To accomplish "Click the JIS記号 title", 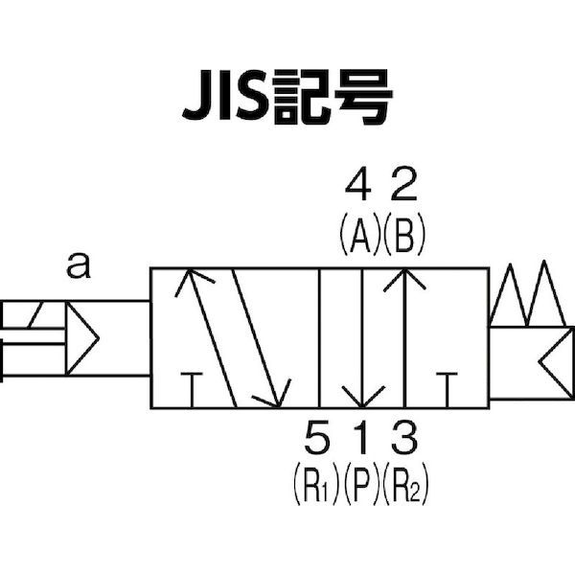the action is coord(287,97).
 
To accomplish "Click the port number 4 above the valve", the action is coord(358,184).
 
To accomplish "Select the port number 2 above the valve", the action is coord(403,184).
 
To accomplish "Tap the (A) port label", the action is coord(359,234).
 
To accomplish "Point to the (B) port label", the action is coord(404,234).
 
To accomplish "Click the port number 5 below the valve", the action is coord(317,437).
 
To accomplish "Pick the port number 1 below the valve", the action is coord(362,437).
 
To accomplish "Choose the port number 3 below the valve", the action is coord(404,437).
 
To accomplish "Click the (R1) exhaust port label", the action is coord(315,484).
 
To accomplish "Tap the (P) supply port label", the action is coord(362,484).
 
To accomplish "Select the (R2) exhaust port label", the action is coord(405,484).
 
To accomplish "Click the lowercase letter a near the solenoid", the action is coord(79,265).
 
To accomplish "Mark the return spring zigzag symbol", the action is coord(527,293).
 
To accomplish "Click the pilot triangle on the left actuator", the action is coord(82,337).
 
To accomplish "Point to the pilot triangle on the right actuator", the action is coord(556,362).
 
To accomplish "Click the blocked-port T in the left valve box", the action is coord(192,390).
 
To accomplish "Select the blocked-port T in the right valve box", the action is coord(447,390).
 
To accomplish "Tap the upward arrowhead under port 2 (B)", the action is coord(404,280).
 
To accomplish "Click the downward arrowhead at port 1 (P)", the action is coord(362,397).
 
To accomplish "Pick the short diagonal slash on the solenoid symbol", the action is coord(36,314).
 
